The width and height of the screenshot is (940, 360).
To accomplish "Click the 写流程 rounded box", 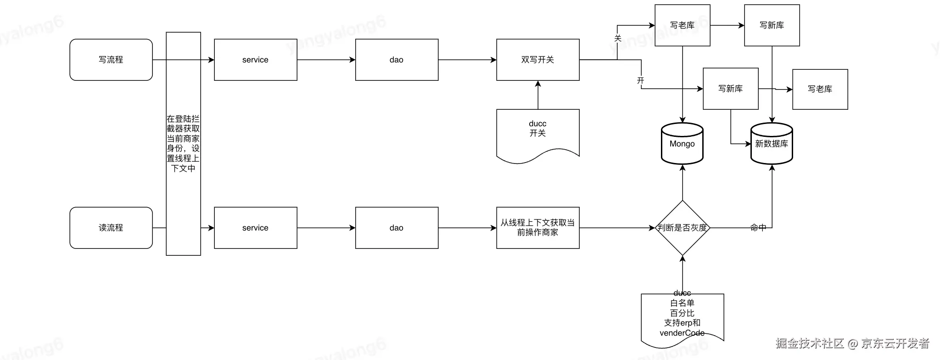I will [x=111, y=60].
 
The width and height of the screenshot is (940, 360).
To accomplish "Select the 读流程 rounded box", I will [x=111, y=228].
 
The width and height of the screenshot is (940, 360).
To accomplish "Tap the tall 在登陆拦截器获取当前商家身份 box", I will [x=183, y=143].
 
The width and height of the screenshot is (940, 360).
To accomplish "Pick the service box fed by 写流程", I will [x=255, y=60].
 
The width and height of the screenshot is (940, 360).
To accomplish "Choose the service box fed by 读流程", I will [x=255, y=228].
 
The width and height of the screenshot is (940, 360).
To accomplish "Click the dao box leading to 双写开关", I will [x=397, y=60].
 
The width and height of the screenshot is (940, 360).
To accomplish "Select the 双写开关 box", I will [x=537, y=60].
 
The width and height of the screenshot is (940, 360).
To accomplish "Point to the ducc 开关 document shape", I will [x=537, y=133].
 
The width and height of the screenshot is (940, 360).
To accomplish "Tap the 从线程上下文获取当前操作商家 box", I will [x=537, y=228].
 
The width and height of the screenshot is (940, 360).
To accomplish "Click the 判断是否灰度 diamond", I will [x=683, y=228].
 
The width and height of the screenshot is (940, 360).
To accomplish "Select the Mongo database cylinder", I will [x=682, y=144].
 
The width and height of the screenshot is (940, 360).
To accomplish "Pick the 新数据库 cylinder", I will [x=772, y=144].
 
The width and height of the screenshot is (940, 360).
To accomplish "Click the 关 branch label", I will [x=618, y=39].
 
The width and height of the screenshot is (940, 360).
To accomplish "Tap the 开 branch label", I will [x=641, y=81].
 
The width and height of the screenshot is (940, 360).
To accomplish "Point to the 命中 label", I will [x=758, y=227].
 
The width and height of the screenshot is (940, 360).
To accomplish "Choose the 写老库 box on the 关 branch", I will [x=682, y=25].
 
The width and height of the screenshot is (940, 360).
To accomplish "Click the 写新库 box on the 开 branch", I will [x=730, y=89].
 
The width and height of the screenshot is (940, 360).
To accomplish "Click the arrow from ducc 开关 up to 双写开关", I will [x=538, y=95].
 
